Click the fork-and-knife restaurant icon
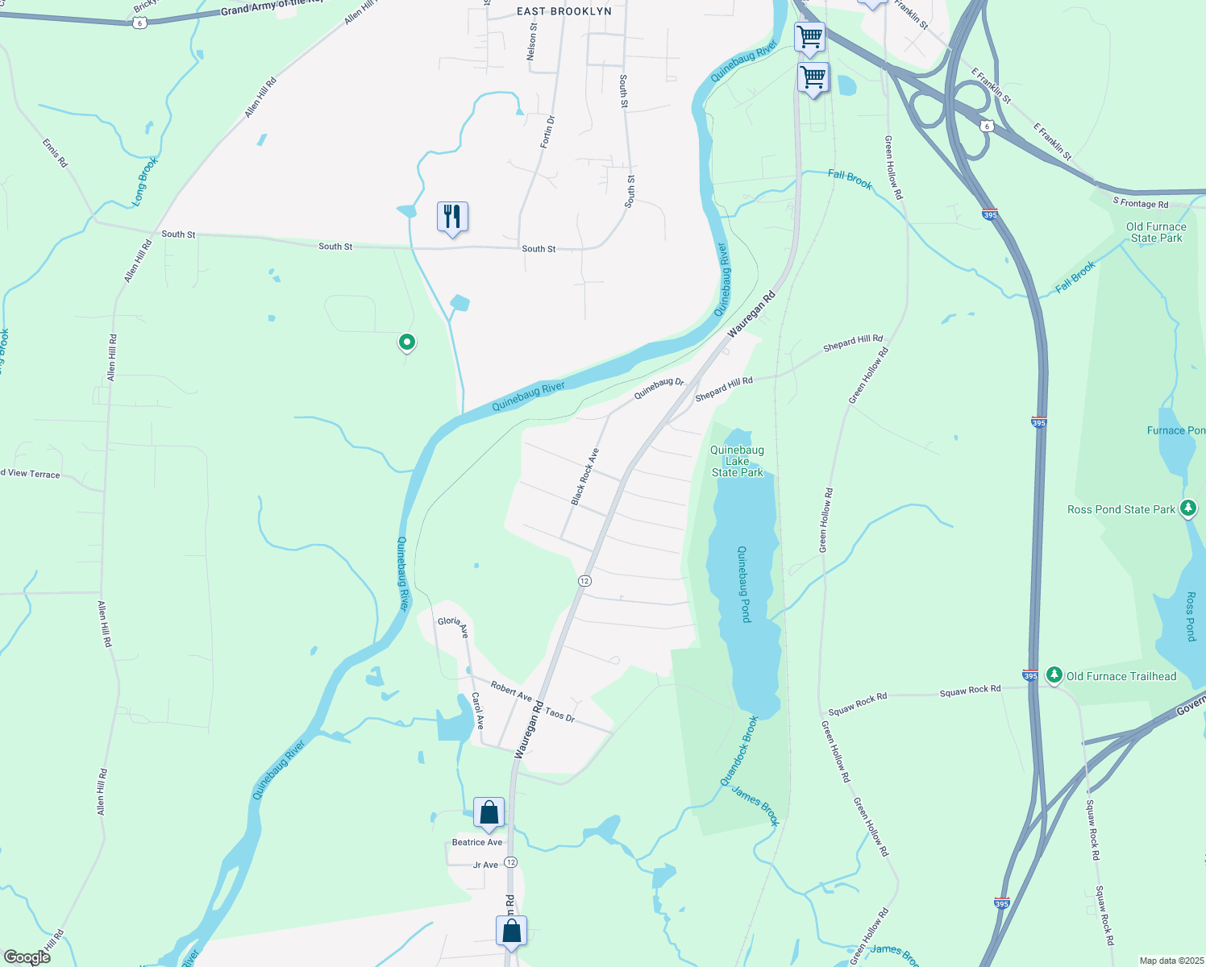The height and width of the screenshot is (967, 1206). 452,217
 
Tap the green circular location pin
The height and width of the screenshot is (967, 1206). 407,342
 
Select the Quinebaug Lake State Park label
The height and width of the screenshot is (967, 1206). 737,461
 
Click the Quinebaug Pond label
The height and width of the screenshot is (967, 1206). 744,584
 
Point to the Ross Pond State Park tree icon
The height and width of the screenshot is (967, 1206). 1187,508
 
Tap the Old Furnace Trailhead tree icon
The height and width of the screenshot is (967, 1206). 1054,674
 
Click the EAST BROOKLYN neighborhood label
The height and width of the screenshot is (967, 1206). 563,11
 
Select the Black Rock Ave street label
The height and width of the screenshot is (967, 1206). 585,477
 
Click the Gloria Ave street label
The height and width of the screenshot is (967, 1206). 453,626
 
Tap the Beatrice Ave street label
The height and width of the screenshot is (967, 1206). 477,842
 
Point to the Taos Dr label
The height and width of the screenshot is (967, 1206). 559,713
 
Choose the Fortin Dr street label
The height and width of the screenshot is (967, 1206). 547,131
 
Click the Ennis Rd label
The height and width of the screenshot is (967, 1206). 56,153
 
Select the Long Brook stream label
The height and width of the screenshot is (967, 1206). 146,181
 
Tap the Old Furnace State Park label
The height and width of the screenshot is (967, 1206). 1156,232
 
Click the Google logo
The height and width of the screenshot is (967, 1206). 27,957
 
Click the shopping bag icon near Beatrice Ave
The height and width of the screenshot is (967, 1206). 489,814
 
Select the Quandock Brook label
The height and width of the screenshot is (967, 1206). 739,751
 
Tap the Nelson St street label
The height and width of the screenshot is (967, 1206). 531,41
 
